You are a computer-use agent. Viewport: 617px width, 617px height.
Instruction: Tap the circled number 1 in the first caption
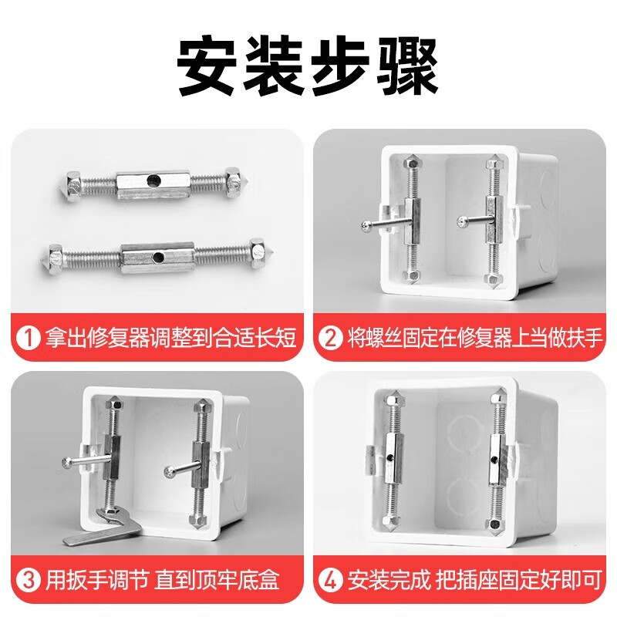[29, 338]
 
